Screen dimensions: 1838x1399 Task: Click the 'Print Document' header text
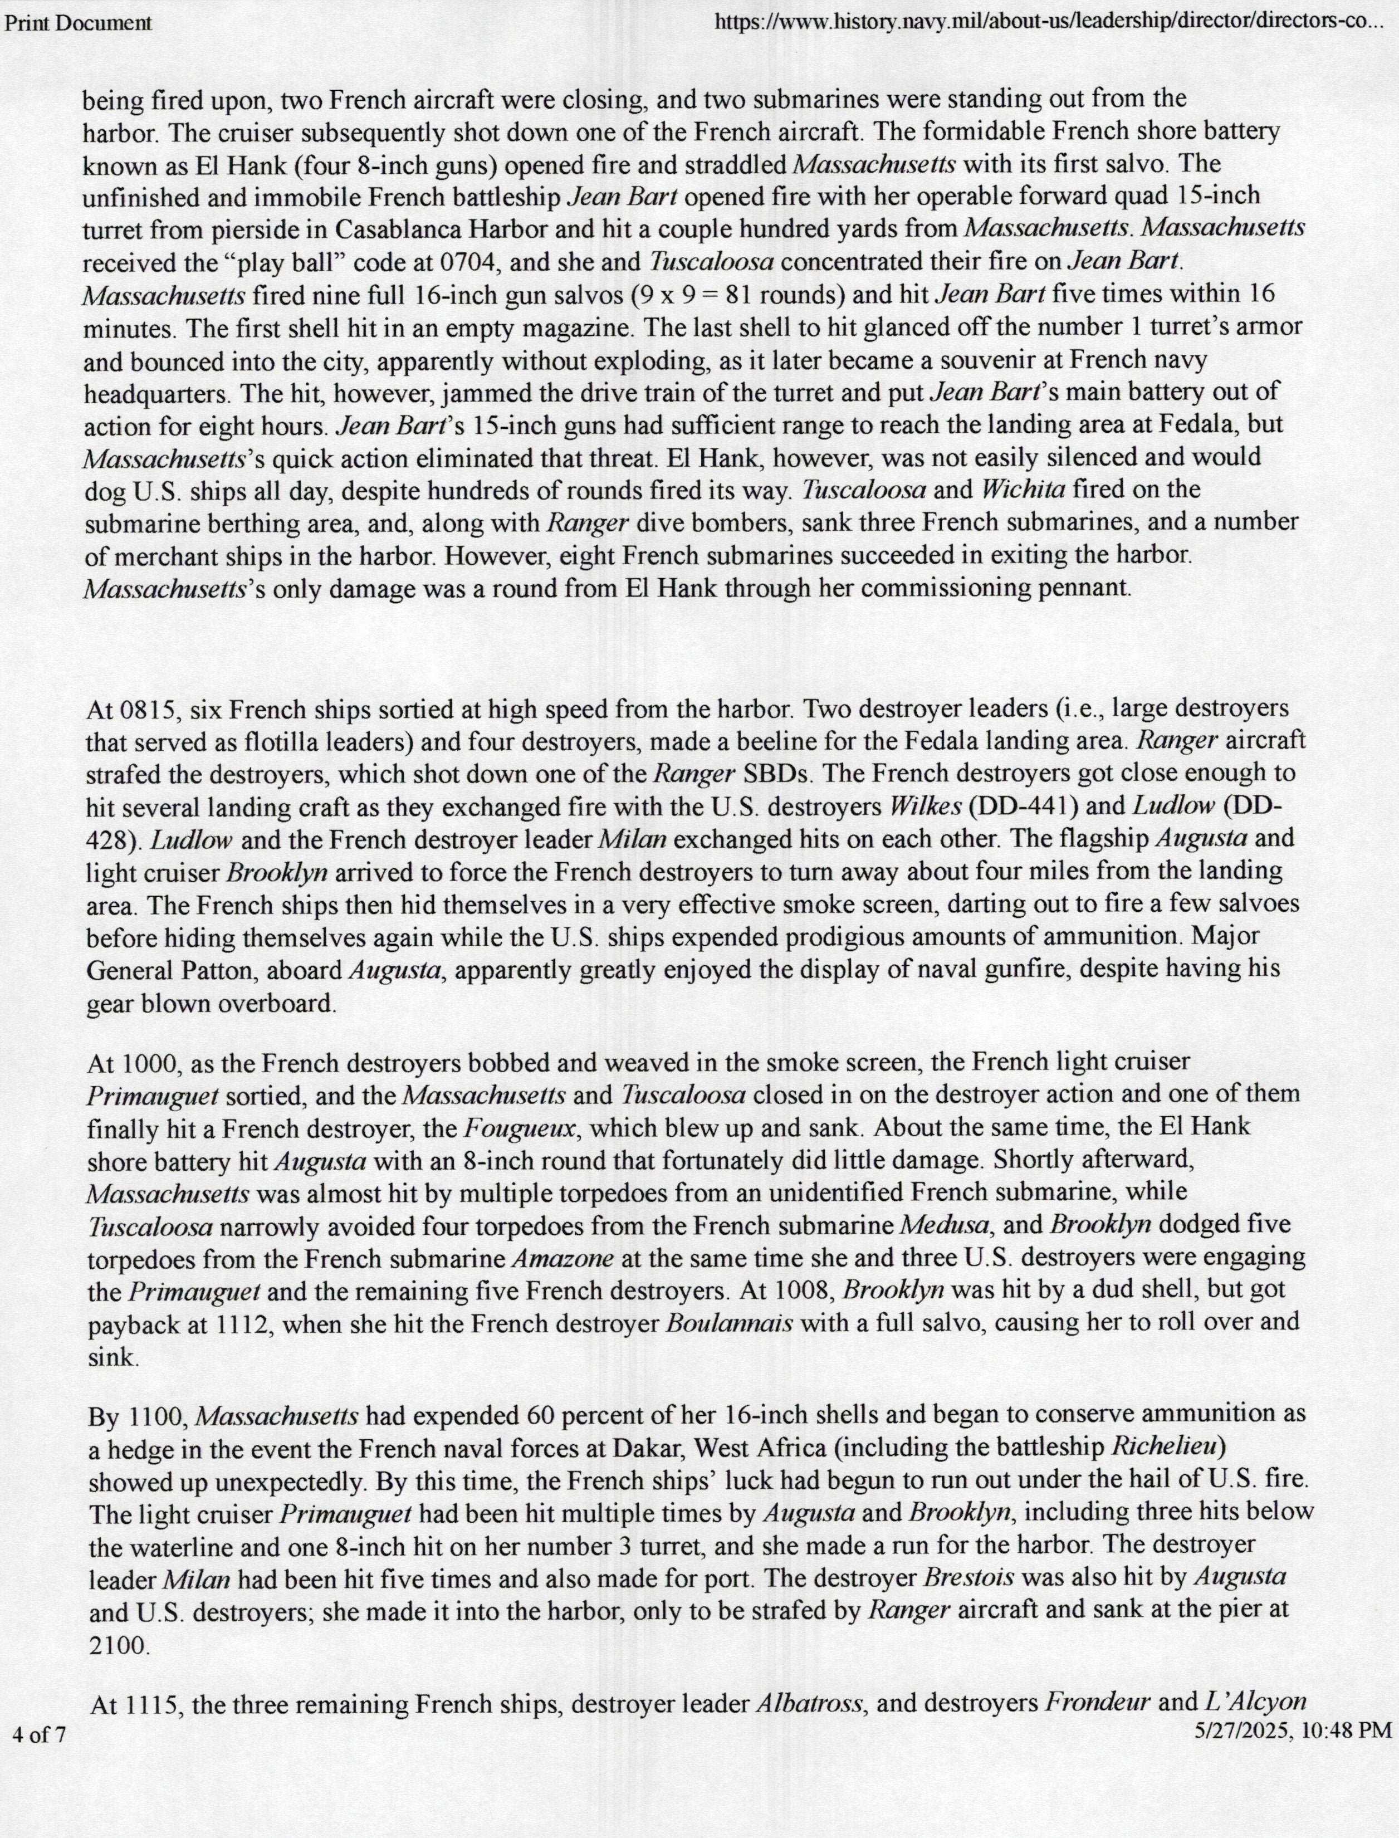(77, 22)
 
